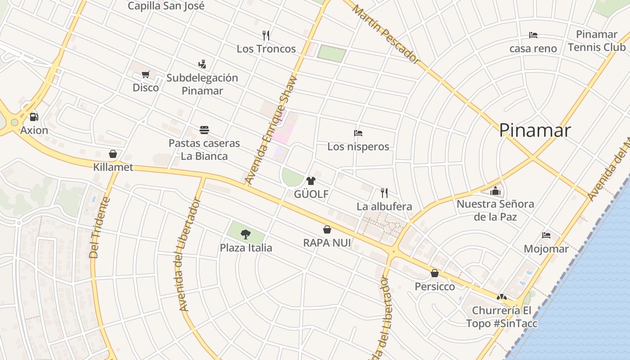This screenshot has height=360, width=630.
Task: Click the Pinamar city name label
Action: coord(535,130)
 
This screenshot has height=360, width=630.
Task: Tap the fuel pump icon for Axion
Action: coord(34,117)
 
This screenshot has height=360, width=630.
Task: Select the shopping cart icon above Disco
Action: coord(145,75)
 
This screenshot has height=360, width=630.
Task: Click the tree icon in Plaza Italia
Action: coord(246,234)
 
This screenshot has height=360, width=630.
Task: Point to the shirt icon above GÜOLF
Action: coord(311,181)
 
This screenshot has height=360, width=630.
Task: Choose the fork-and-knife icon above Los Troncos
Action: coord(266,35)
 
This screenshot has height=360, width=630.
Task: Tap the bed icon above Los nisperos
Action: coord(358,133)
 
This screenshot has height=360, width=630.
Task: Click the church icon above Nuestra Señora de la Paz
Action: coord(495,191)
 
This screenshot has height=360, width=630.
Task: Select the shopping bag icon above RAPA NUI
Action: coord(327,229)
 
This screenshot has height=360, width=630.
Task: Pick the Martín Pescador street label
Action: coord(386,34)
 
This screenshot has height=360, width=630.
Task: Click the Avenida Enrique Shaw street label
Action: coord(271,130)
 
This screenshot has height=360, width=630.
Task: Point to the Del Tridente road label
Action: coord(99,227)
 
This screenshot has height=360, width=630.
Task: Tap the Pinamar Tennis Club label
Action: coord(597,40)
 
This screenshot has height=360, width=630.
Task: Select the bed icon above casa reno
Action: coord(533,35)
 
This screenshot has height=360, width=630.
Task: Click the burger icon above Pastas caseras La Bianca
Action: coord(204,130)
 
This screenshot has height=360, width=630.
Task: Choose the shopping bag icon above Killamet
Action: coord(113,154)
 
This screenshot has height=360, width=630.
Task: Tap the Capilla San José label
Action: coord(166,6)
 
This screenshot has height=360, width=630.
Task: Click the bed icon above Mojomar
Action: coord(546,235)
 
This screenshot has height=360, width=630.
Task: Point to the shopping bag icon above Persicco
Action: coord(435,273)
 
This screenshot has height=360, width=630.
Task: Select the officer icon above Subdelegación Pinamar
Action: coord(202,64)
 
